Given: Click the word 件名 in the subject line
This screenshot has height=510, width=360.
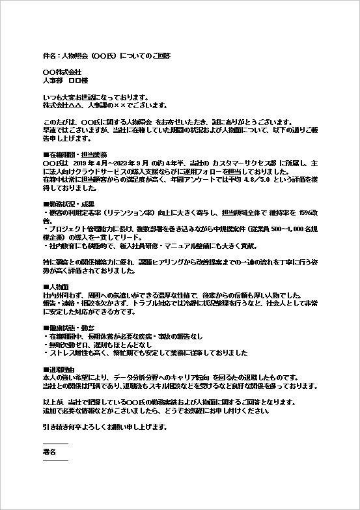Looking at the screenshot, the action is coord(49,56).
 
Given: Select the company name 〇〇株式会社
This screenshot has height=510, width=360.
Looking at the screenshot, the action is coord(62,72).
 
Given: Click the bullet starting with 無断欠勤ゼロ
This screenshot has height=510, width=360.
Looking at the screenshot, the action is coord(98,345).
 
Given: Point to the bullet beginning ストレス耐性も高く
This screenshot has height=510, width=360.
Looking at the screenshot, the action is coord(145,353).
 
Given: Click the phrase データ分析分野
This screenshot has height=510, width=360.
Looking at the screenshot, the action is coord(169,378).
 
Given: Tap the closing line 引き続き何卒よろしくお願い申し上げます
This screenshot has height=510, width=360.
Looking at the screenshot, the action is coord(104,427).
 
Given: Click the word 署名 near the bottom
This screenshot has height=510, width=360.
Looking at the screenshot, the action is coord(49,451).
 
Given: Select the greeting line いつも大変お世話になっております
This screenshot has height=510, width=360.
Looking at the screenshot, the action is coord(95,97).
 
